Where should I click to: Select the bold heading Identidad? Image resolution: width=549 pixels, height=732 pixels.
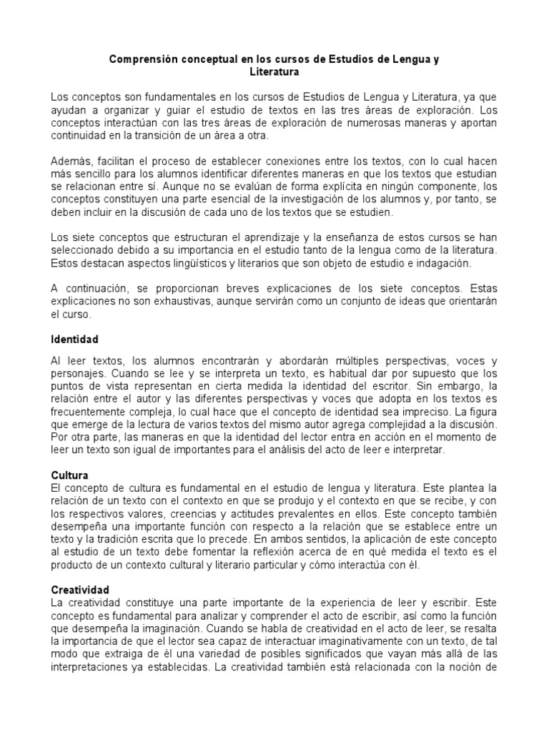pos(74,338)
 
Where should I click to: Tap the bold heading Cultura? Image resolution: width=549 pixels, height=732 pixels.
pos(69,475)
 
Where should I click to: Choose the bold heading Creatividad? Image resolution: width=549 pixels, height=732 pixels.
pos(80,590)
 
